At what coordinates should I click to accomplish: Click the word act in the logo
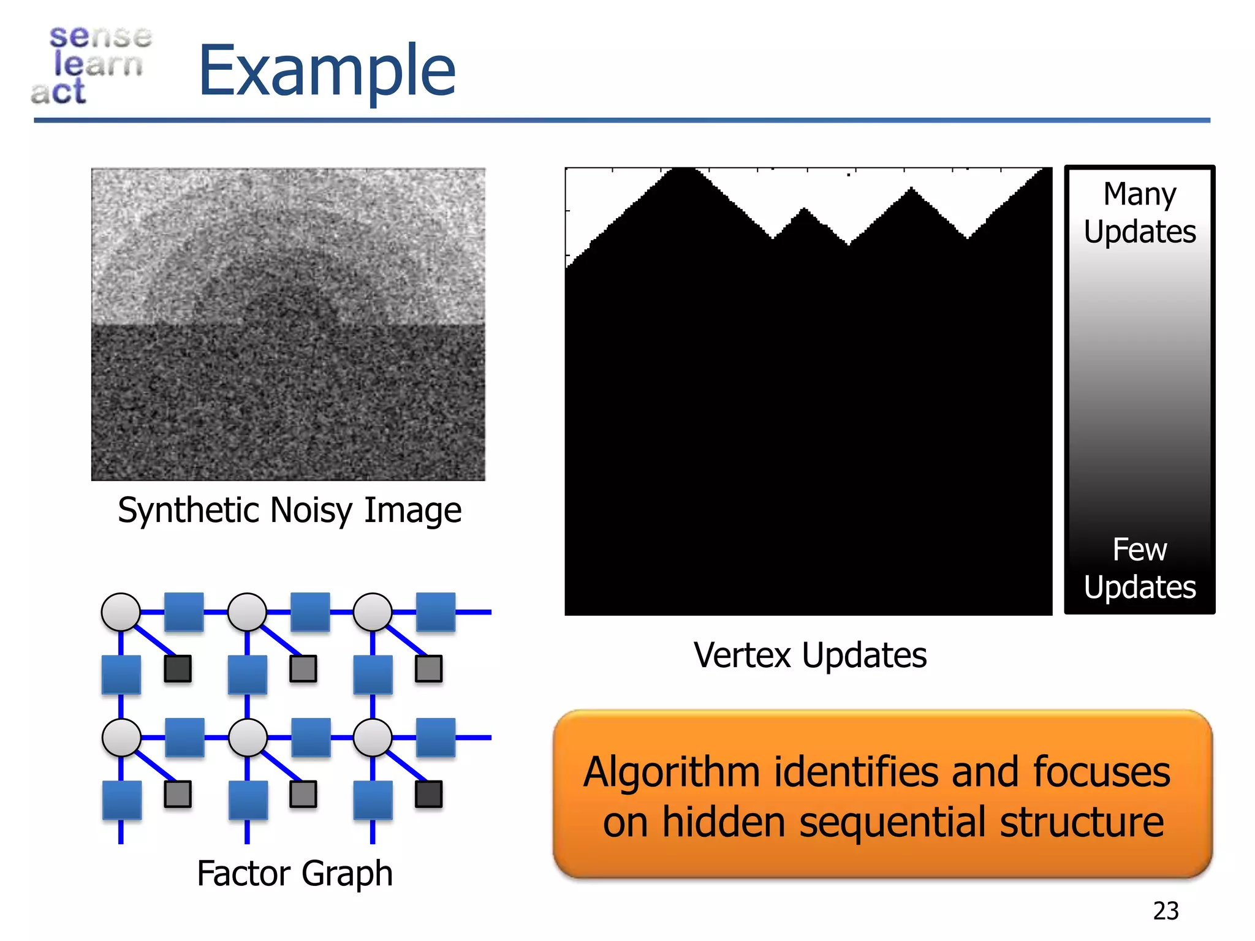58,92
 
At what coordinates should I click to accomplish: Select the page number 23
1166,911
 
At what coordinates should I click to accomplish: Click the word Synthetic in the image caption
189,510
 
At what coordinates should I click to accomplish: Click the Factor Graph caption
294,873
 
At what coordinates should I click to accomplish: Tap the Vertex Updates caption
809,655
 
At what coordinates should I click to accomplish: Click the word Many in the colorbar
1139,194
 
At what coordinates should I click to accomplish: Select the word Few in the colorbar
1139,549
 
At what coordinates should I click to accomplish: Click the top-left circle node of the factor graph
121,612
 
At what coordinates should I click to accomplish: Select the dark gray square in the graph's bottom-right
428,794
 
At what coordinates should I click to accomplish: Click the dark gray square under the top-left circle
178,668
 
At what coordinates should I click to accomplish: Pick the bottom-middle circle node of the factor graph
248,737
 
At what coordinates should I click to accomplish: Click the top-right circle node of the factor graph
373,612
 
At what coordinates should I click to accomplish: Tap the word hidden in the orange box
723,822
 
